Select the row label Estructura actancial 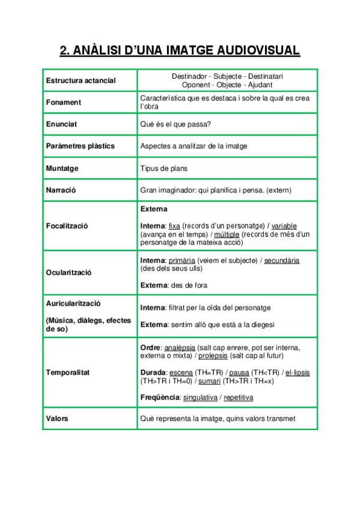pos(81,81)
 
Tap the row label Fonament pos(63,102)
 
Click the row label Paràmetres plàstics pos(80,146)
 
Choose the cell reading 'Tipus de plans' pos(163,168)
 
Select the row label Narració pos(61,190)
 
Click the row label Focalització pos(67,226)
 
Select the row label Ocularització pos(69,272)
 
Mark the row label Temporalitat pos(68,372)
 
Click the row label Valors pos(57,419)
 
